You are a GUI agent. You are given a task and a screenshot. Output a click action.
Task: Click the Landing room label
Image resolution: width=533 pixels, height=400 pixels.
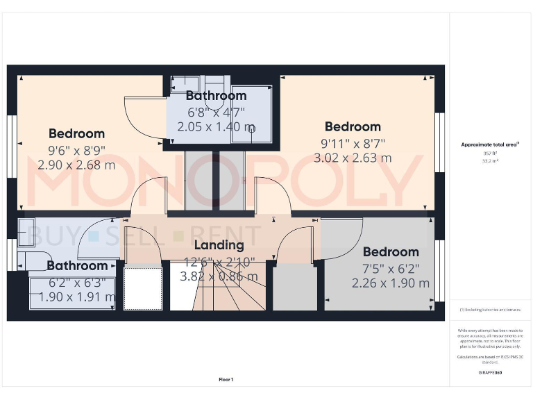coord(219,245)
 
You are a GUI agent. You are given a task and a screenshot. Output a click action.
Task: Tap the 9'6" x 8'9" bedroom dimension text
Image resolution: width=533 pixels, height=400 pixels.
coord(76,149)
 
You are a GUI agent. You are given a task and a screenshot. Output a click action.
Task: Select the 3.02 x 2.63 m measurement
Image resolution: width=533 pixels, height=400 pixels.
coord(353,158)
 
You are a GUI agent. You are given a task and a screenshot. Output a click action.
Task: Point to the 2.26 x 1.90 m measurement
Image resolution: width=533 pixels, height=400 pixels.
coord(390,283)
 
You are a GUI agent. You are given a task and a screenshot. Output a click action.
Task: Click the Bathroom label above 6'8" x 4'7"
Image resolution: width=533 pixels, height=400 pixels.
coord(216,96)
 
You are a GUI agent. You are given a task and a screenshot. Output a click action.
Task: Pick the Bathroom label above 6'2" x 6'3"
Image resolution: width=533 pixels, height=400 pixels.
coord(77,265)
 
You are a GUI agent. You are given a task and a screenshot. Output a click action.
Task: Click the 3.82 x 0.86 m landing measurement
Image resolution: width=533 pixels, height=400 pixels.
coord(217,276)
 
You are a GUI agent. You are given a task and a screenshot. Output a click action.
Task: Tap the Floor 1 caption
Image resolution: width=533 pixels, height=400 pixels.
coord(226,380)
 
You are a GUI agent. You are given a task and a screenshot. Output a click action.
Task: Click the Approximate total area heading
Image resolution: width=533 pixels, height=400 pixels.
coord(491,144)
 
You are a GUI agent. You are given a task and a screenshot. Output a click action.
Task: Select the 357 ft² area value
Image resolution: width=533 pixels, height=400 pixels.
coord(491,153)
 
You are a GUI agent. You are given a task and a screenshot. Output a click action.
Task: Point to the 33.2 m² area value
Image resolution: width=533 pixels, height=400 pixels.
coord(491,160)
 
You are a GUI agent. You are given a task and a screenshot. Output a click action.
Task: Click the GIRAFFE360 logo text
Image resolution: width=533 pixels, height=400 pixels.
coord(491,374)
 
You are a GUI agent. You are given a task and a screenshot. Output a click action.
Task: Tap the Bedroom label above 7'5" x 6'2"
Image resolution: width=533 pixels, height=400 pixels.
coord(391,252)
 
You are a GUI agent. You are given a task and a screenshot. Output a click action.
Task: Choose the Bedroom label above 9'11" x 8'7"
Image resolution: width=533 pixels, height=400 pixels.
coord(353,126)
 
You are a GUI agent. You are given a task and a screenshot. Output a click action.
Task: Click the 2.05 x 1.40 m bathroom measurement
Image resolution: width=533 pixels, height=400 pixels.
coord(216,127)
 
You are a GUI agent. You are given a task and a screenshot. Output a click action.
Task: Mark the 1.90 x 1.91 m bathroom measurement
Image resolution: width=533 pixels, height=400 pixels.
coord(76,297)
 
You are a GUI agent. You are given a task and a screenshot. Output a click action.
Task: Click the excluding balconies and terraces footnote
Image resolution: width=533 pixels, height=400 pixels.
coord(491,310)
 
